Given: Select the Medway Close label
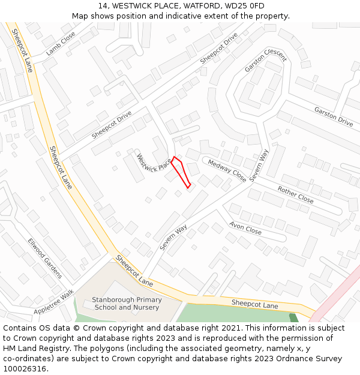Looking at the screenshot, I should point(227,170).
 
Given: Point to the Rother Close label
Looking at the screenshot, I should point(295,194).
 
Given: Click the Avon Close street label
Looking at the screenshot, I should point(245,228).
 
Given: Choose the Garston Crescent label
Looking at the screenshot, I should point(265,60).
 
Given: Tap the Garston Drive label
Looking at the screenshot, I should point(334,116).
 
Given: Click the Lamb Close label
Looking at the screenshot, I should point(62,43).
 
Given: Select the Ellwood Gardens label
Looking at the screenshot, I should point(44,259).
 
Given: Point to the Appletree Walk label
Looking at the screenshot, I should point(53,302).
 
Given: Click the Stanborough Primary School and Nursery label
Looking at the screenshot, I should point(127,304).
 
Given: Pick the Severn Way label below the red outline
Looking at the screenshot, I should point(173,238).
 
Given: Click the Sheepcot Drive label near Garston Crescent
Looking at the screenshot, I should point(219,52).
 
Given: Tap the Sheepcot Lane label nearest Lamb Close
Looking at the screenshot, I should point(22,51).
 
